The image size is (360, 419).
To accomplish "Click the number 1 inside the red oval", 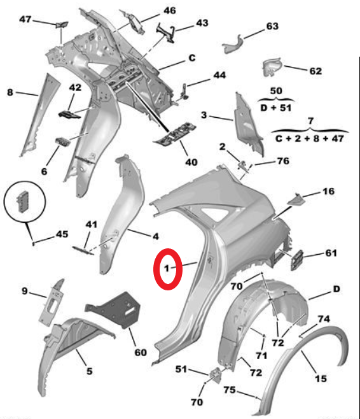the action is (167, 268).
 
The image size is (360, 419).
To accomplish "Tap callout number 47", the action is (25, 19).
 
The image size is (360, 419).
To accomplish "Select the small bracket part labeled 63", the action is (233, 44).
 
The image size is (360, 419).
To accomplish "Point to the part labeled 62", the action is (272, 67).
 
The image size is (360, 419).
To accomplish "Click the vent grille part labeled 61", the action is (296, 260).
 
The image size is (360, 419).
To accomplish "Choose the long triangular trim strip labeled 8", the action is (40, 115).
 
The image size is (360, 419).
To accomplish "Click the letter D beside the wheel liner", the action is (336, 289).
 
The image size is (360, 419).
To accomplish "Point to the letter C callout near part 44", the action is (192, 58).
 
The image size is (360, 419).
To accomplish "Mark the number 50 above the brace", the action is (276, 90).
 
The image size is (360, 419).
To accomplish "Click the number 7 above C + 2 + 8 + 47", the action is (310, 121).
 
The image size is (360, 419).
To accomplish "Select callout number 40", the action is (191, 162).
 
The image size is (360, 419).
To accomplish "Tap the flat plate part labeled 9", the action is (52, 302).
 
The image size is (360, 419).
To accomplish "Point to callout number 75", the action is (230, 390).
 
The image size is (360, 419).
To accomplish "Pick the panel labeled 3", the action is (249, 125).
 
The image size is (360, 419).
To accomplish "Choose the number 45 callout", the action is (62, 234).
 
